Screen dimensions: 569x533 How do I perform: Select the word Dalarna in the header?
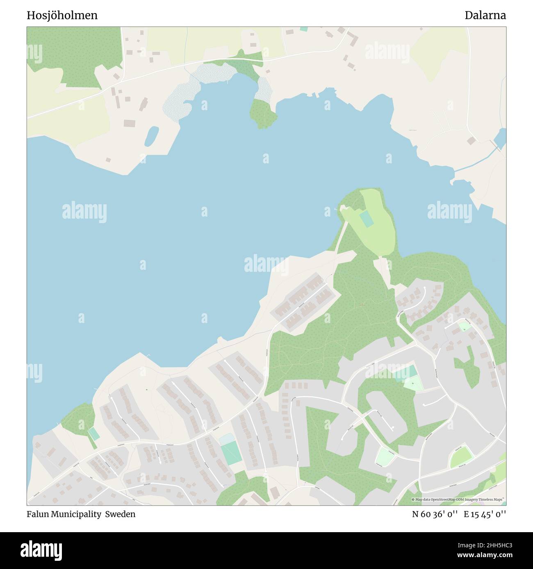pos(485,16)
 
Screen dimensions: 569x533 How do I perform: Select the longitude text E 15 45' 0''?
pos(485,514)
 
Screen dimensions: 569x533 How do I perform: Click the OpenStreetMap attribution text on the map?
pos(458,499)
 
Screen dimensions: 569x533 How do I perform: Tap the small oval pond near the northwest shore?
pos(151,135)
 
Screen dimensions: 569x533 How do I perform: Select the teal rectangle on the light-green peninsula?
pos(367,219)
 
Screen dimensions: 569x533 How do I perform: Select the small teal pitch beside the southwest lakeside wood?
pos(94,434)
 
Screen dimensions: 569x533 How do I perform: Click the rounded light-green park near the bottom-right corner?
pos(462,457)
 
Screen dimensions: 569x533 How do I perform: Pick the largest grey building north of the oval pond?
pos(130,123)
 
